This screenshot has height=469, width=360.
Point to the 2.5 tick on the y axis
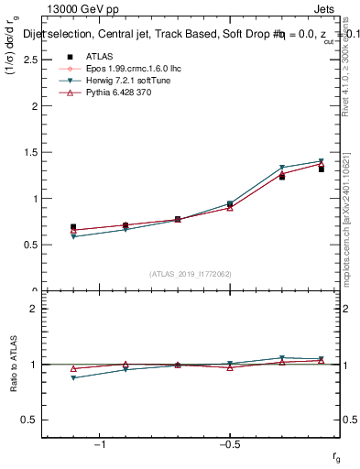click(30, 60)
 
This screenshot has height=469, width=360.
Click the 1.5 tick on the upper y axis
click(30, 152)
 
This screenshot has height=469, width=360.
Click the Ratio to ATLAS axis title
click(11, 364)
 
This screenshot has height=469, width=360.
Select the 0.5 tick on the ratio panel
click(30, 420)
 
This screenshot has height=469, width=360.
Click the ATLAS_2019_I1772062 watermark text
click(190, 274)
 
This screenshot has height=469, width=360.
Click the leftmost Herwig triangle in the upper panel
click(73, 236)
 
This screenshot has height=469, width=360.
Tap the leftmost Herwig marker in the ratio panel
click(73, 377)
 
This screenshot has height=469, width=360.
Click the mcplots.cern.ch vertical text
click(352, 238)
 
